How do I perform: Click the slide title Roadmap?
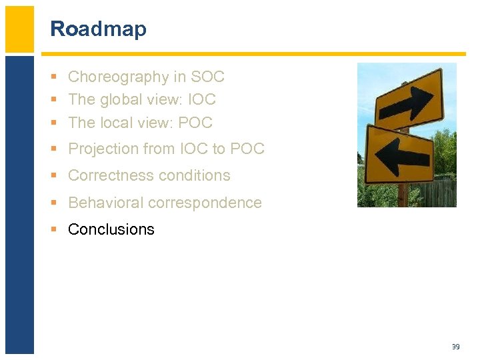tap(98, 29)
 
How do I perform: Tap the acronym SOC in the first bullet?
tap(207, 77)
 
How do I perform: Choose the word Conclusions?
tap(111, 229)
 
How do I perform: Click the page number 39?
tap(455, 347)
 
